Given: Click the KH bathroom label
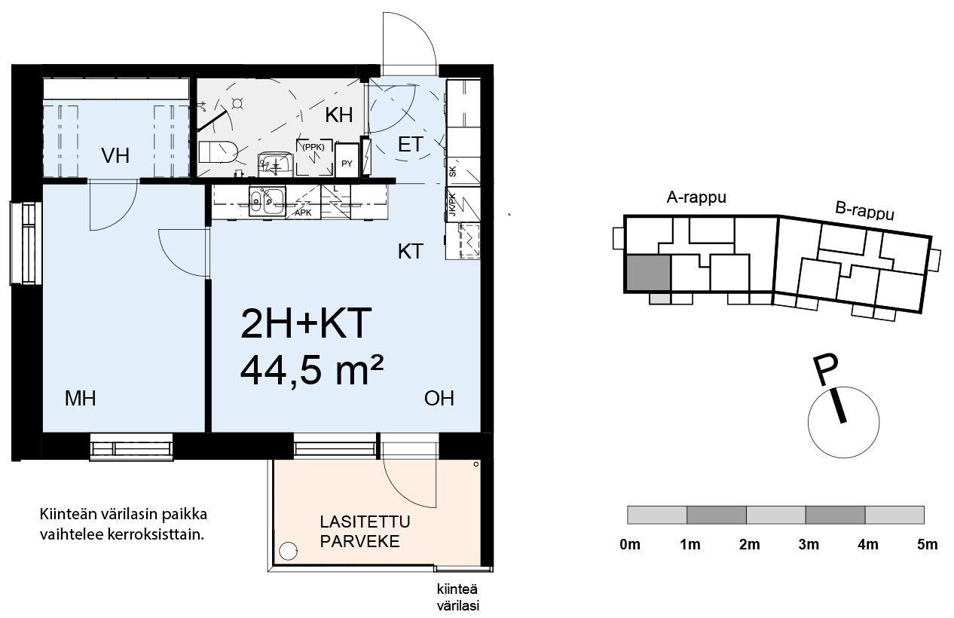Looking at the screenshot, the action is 339,115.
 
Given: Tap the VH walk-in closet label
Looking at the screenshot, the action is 115,156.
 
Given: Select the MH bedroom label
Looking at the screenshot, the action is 81,399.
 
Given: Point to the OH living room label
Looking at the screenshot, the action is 439,399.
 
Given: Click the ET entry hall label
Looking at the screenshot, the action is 411,145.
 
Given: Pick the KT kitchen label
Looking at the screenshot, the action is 411,252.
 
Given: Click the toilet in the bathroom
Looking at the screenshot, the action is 218,152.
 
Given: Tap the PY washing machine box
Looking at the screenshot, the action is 347,160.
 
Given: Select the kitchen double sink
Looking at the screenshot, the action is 267,200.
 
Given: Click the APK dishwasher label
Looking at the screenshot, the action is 303,213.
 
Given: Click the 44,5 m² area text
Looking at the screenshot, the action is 312,371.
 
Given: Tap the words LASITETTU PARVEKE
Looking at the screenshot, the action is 365,531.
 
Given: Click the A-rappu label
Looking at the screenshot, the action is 696,197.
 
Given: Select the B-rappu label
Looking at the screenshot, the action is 864,211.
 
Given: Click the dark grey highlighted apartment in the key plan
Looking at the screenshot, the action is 648,274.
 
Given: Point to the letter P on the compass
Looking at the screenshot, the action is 826,370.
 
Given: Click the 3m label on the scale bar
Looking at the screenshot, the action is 809,544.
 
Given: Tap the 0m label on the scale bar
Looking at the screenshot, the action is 630,544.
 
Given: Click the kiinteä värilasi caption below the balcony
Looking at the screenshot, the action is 458,598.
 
